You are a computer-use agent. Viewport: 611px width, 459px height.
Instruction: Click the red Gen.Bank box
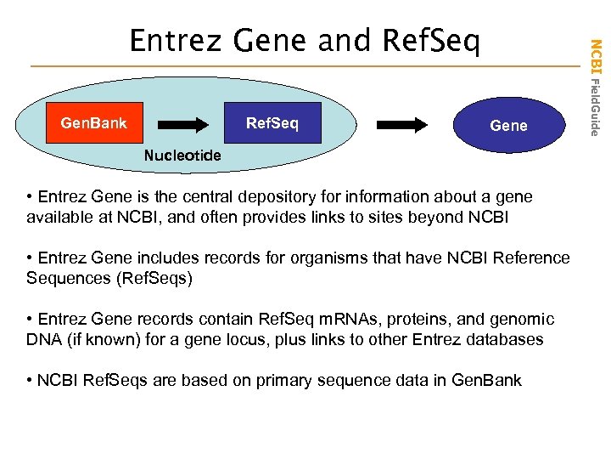click(93, 124)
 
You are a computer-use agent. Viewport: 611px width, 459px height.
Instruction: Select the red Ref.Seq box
click(272, 124)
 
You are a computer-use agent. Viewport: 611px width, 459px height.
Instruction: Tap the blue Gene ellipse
click(509, 126)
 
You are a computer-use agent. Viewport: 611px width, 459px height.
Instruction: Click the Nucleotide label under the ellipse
click(182, 156)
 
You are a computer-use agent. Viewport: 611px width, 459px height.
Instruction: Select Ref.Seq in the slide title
click(431, 40)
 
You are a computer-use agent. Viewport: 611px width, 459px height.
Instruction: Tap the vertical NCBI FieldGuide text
click(596, 85)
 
